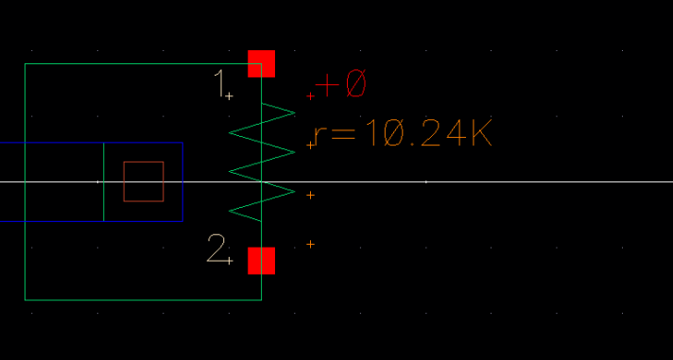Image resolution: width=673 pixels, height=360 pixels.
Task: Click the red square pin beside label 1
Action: (x=261, y=63)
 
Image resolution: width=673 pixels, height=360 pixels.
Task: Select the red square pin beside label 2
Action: (x=261, y=261)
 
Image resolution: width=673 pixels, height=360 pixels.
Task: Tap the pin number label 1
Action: (x=220, y=83)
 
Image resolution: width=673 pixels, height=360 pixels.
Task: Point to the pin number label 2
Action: (x=216, y=249)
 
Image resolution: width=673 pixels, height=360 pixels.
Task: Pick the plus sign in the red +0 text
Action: (x=327, y=85)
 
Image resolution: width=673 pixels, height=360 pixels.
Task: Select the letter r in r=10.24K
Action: (x=319, y=137)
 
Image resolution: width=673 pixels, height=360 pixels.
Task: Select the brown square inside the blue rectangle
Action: (x=144, y=180)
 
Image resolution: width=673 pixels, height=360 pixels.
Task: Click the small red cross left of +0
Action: (x=311, y=95)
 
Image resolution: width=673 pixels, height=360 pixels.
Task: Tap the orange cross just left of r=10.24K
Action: (x=311, y=145)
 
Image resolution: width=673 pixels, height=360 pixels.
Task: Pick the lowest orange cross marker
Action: (x=311, y=245)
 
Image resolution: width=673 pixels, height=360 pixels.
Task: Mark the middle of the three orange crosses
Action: (x=311, y=195)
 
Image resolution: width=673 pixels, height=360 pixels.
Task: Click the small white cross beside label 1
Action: (x=230, y=95)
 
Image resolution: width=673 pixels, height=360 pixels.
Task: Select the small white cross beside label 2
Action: (x=230, y=261)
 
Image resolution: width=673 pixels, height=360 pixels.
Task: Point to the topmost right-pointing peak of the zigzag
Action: (x=294, y=111)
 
